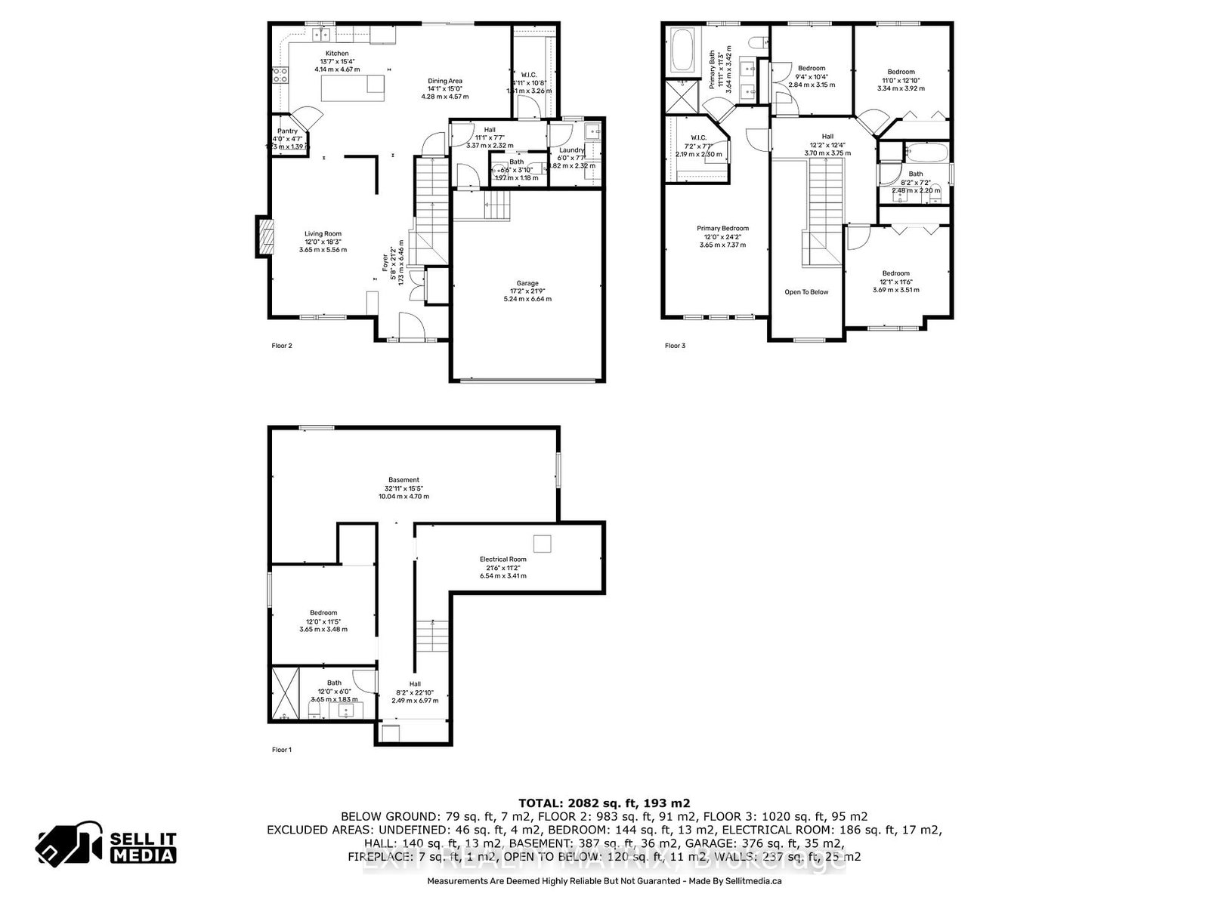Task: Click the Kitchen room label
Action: pyautogui.click(x=337, y=54)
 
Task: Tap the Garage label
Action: pyautogui.click(x=528, y=283)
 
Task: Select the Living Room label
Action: pyautogui.click(x=323, y=234)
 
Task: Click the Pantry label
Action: pyautogui.click(x=288, y=131)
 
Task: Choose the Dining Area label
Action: pyautogui.click(x=445, y=81)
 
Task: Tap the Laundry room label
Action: pyautogui.click(x=572, y=150)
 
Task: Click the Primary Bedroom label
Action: pyautogui.click(x=722, y=229)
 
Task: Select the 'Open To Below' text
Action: pyautogui.click(x=806, y=292)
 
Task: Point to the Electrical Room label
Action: pyautogui.click(x=502, y=559)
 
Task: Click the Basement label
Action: pyautogui.click(x=404, y=480)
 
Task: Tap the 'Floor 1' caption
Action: pyautogui.click(x=282, y=750)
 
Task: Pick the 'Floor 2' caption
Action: pyautogui.click(x=282, y=346)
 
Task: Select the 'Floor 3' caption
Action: pyautogui.click(x=675, y=346)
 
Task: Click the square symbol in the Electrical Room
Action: pyautogui.click(x=542, y=544)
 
